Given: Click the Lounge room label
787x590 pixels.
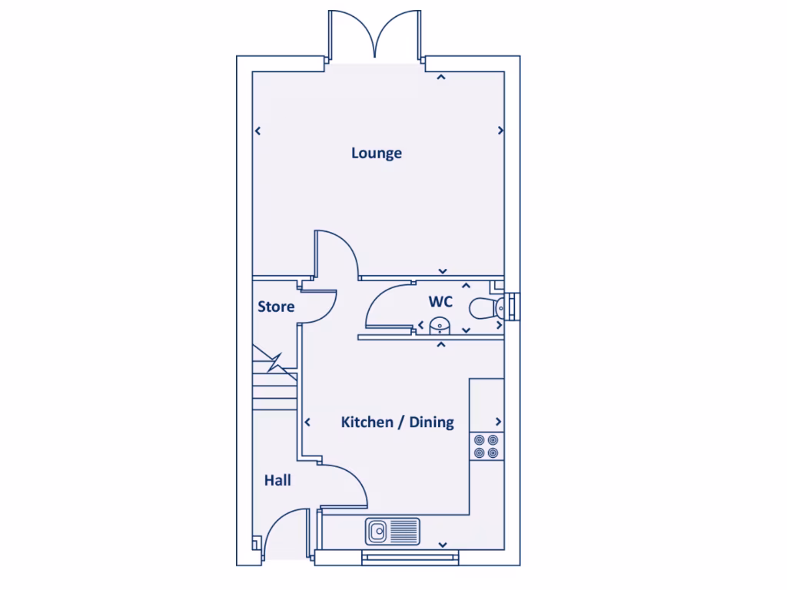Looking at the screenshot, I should pyautogui.click(x=377, y=153).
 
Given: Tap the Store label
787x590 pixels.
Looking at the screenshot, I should pyautogui.click(x=276, y=307).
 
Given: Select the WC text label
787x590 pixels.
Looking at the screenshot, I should pyautogui.click(x=440, y=302).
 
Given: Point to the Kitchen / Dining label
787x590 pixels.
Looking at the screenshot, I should pyautogui.click(x=397, y=422).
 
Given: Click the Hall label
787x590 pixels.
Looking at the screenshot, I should pyautogui.click(x=277, y=480).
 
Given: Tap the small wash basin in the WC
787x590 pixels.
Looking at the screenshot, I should pyautogui.click(x=440, y=326).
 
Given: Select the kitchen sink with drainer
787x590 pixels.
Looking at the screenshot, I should pyautogui.click(x=393, y=530).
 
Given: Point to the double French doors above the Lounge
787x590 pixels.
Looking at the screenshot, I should pyautogui.click(x=376, y=35).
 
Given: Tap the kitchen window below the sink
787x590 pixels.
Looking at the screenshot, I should pyautogui.click(x=409, y=556).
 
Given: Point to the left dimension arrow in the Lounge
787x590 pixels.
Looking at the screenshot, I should pyautogui.click(x=258, y=131).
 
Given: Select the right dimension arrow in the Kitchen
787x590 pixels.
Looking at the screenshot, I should pyautogui.click(x=499, y=422).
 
